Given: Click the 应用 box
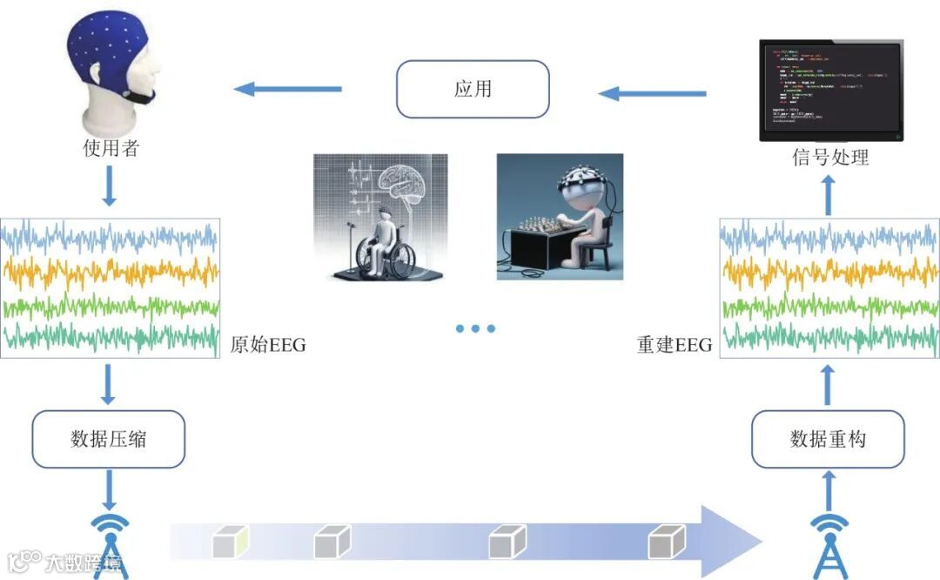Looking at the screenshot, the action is point(473,89).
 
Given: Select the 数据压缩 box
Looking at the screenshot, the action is point(109,439).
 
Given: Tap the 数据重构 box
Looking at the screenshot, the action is point(828,439).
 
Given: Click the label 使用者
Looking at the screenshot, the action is point(111,148).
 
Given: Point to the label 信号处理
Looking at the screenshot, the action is point(829,158).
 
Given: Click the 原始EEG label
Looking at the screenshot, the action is point(268,346).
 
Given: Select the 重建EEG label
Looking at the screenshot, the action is point(675,346).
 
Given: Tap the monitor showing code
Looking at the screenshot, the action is point(830,89).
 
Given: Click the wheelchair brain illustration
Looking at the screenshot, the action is point(380,217).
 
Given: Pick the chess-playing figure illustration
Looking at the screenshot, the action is point(560,217).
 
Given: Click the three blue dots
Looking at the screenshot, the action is point(475,328).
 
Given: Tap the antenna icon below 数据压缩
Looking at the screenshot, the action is point(110,544).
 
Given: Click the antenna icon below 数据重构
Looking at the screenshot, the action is point(829,544).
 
